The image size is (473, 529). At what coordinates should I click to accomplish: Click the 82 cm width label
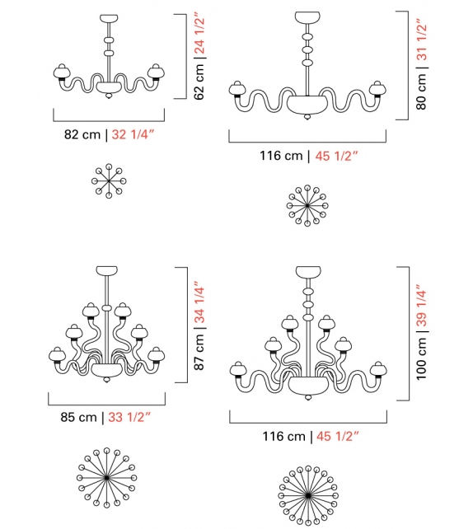pos(82,134)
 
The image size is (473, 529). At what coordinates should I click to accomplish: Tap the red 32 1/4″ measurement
pos(133,134)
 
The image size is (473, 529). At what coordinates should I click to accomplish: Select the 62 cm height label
pos(199,82)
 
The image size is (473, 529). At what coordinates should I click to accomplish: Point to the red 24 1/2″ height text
pos(199,33)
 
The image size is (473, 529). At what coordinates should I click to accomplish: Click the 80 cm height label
pos(421,91)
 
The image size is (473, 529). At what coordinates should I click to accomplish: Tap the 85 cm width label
pos(78,417)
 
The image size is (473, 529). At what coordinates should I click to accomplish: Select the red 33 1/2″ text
pos(129,417)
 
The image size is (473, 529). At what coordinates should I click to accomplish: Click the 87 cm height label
pos(199,352)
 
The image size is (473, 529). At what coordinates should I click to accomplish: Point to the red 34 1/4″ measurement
pos(199,302)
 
